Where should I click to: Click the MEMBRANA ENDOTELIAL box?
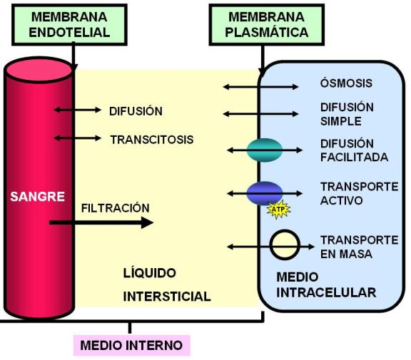click(x=69, y=25)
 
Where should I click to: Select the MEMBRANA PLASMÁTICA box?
click(x=267, y=25)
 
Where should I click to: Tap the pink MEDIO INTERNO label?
click(x=131, y=345)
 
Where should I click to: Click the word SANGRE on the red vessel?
click(x=38, y=196)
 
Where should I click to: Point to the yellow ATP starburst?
click(x=278, y=209)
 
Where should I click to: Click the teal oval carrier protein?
click(x=265, y=150)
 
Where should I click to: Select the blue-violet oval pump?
click(x=265, y=193)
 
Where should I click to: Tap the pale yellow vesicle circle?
click(x=285, y=245)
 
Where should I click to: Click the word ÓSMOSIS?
click(x=346, y=83)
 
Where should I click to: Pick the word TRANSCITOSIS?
click(x=152, y=140)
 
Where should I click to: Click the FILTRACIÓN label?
click(x=116, y=208)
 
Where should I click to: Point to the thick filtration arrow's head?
click(x=153, y=223)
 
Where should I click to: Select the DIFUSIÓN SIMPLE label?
click(x=347, y=114)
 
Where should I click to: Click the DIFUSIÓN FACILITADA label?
click(x=354, y=150)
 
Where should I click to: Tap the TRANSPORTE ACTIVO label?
click(x=360, y=193)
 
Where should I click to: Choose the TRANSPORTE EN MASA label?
click(x=360, y=247)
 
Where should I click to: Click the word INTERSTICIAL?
click(x=167, y=297)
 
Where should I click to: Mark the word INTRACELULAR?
click(x=326, y=292)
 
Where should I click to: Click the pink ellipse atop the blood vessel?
click(x=39, y=71)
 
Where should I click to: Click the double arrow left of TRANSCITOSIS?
click(x=78, y=138)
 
